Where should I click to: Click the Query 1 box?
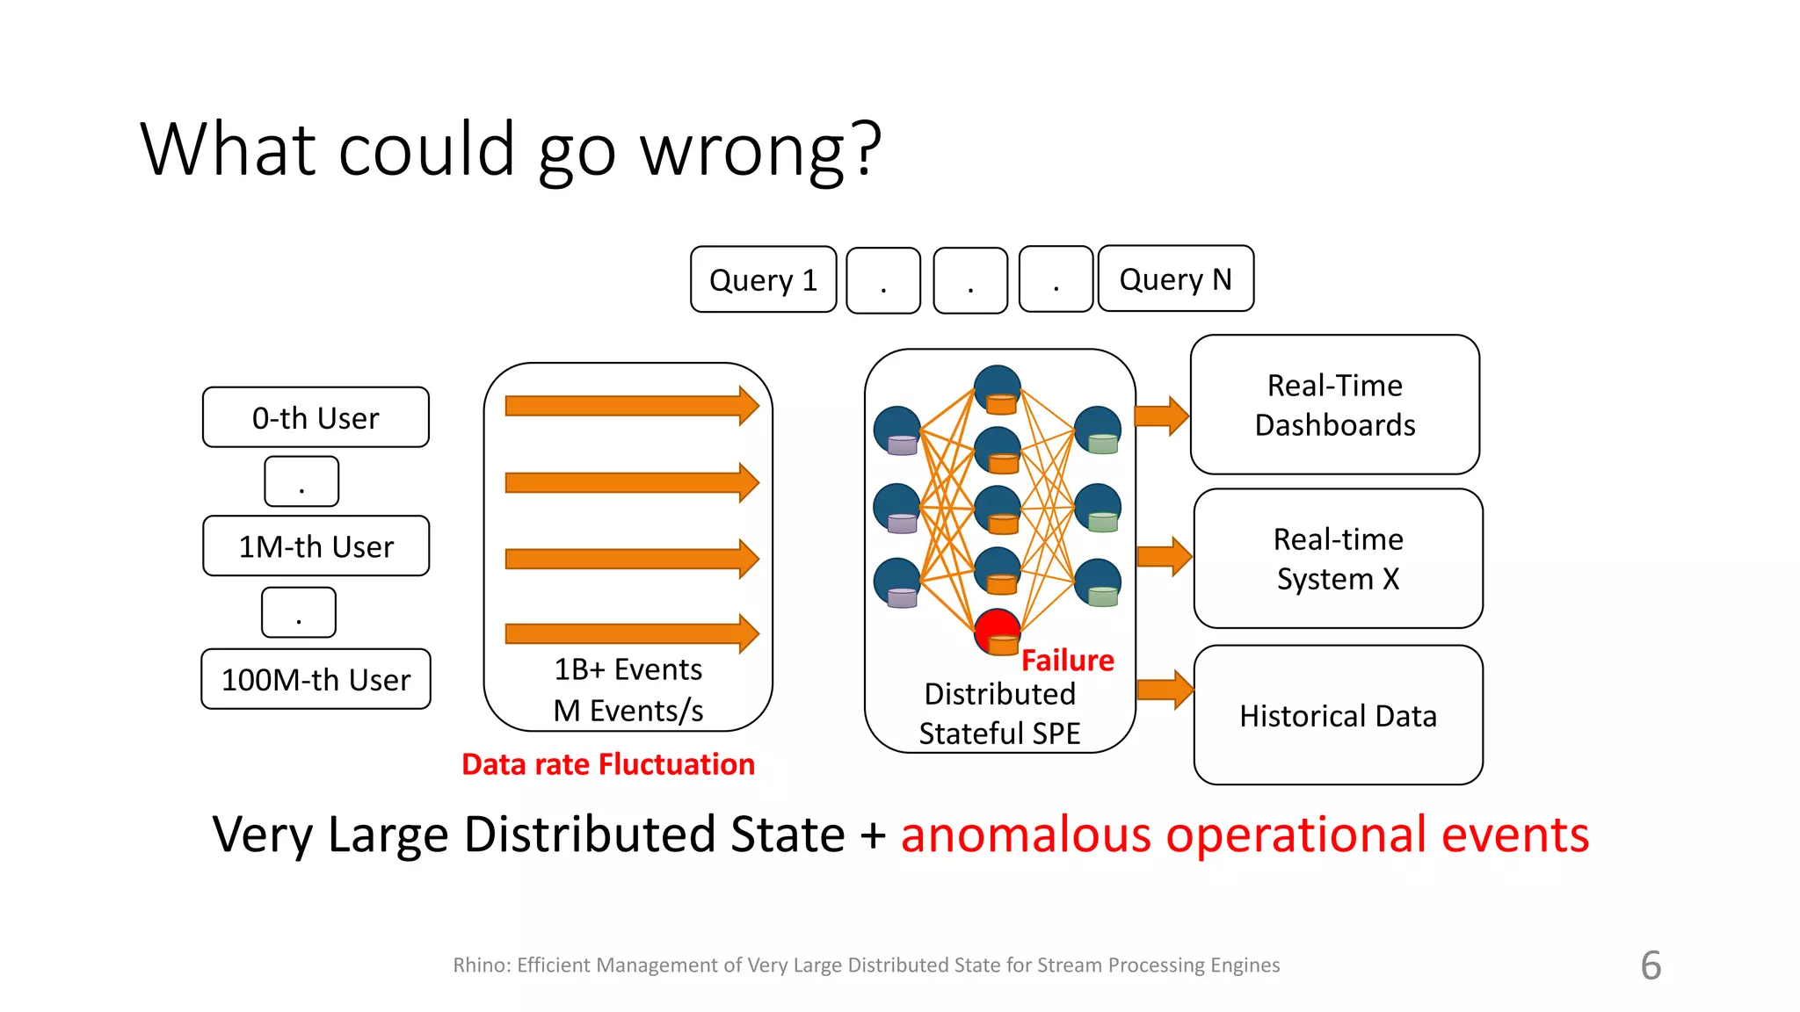pyautogui.click(x=763, y=279)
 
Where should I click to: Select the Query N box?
pyautogui.click(x=1175, y=278)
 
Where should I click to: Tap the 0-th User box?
pyautogui.click(x=316, y=417)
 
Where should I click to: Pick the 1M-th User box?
pyautogui.click(x=316, y=546)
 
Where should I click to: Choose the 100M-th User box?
pyautogui.click(x=316, y=679)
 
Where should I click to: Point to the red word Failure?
pyautogui.click(x=1067, y=660)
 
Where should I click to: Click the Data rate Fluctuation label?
pyautogui.click(x=607, y=763)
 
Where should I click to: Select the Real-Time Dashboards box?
pyautogui.click(x=1334, y=405)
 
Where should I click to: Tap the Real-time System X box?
pyautogui.click(x=1338, y=559)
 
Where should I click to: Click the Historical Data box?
pyautogui.click(x=1338, y=715)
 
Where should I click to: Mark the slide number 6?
pyautogui.click(x=1651, y=965)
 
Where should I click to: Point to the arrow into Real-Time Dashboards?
pyautogui.click(x=1161, y=416)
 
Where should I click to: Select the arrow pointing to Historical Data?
pyautogui.click(x=1164, y=690)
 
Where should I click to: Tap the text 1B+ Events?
pyautogui.click(x=628, y=669)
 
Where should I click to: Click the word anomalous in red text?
pyautogui.click(x=1026, y=834)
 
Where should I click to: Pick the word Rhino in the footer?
pyautogui.click(x=480, y=965)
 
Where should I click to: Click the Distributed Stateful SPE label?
pyautogui.click(x=999, y=713)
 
